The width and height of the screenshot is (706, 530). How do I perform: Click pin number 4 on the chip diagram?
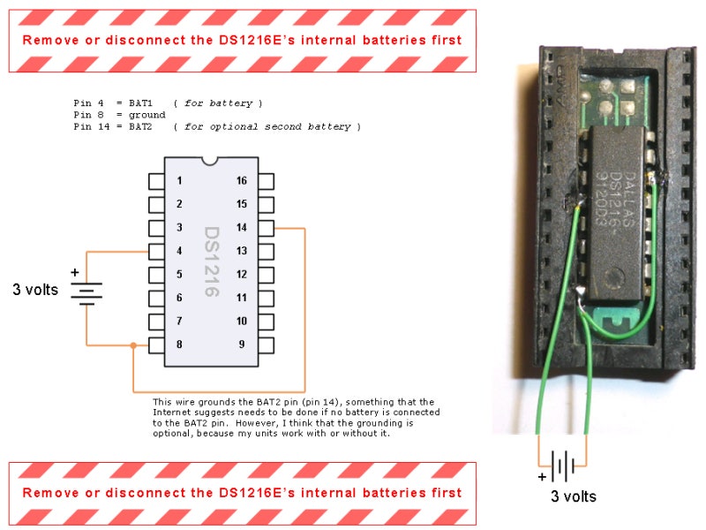[x=156, y=252]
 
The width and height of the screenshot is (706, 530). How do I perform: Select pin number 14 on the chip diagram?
[x=267, y=228]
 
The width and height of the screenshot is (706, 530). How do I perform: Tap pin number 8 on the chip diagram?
[x=156, y=345]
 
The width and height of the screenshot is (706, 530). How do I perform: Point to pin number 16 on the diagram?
[x=267, y=181]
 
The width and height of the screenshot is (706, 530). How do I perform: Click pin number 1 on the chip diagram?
[x=156, y=181]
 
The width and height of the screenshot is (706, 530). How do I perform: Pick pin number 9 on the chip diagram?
[x=267, y=345]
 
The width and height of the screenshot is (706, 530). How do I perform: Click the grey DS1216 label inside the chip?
[x=212, y=261]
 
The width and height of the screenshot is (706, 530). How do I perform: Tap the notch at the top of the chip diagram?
[x=210, y=161]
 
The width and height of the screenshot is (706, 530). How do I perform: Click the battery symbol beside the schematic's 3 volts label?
[x=86, y=294]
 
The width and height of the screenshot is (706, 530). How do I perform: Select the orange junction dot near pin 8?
[x=133, y=345]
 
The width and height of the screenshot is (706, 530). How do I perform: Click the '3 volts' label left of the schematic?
[x=35, y=290]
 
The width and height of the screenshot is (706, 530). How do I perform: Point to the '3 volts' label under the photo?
[x=574, y=496]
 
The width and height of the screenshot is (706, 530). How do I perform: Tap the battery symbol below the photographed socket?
[x=563, y=466]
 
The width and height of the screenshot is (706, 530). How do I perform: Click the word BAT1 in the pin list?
[x=140, y=103]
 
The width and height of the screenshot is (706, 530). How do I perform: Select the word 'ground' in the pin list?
[x=147, y=116]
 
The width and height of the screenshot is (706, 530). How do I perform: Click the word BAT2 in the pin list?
[x=140, y=126]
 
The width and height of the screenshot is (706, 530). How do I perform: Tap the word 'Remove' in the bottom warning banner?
[x=50, y=493]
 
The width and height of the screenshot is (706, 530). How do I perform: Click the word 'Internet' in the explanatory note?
[x=170, y=413]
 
